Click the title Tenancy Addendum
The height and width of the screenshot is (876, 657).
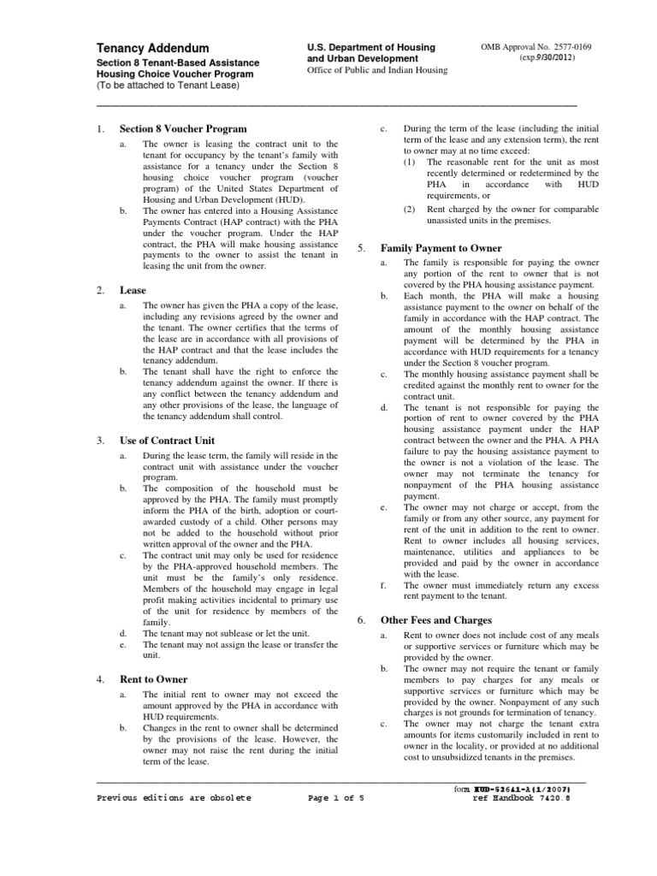151,48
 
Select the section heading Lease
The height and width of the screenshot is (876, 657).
133,291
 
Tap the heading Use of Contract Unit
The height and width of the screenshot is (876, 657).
168,441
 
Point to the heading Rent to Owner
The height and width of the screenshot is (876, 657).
154,678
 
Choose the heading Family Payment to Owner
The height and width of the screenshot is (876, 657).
441,248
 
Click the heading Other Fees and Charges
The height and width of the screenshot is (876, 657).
437,619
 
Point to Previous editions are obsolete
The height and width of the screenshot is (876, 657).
175,797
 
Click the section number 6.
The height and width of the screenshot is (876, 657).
361,619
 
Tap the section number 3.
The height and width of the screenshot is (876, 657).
101,441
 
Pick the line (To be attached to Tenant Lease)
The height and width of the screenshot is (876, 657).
159,87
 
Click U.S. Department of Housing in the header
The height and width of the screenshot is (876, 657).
371,46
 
